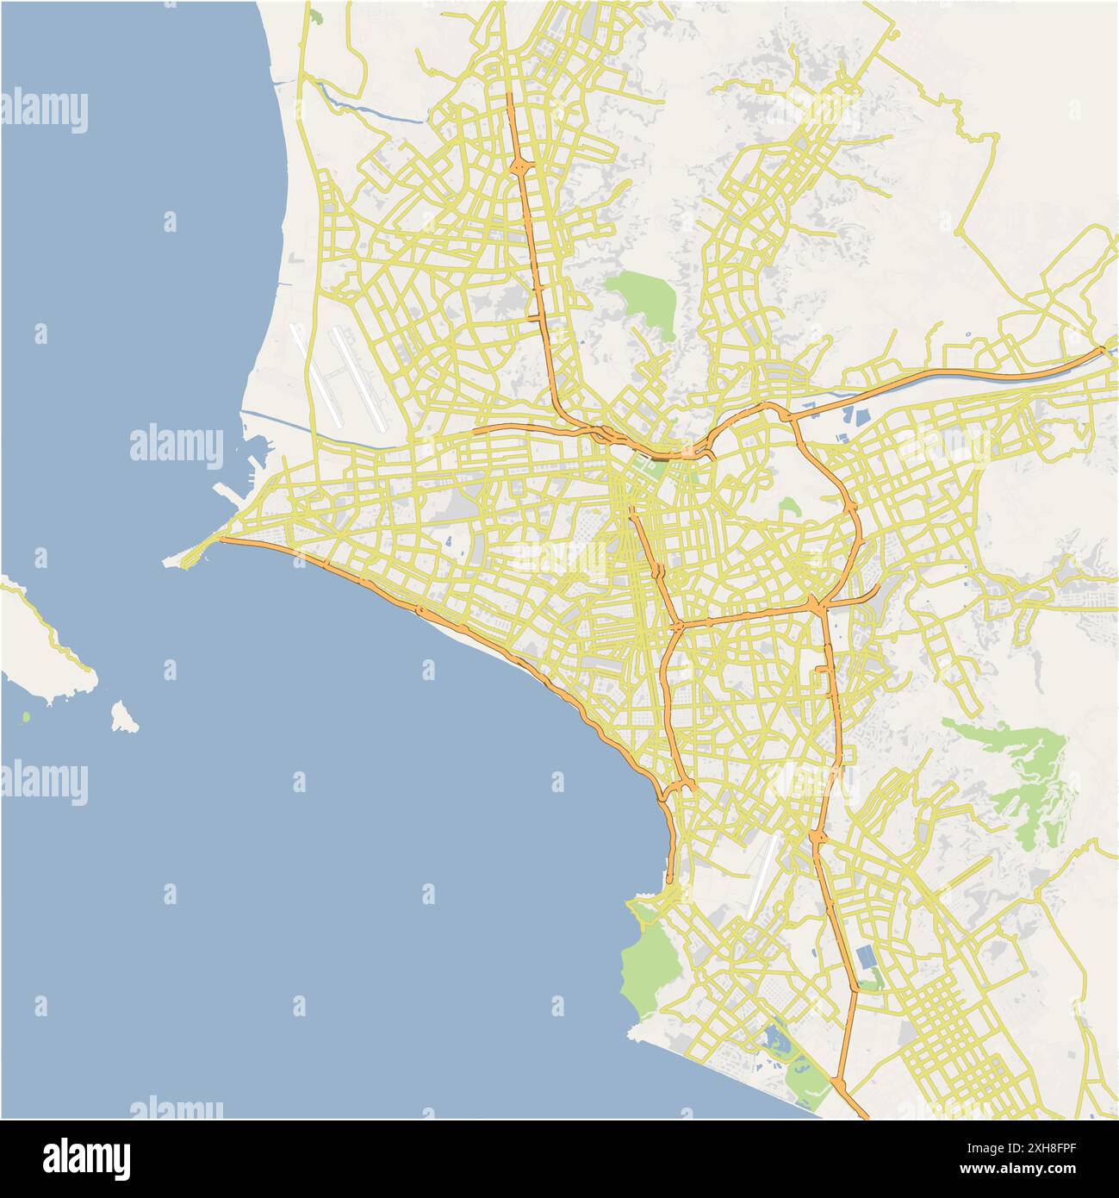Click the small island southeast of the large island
[x=124, y=717]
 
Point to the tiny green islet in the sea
[x=26, y=716]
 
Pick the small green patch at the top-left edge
[x=316, y=16]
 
